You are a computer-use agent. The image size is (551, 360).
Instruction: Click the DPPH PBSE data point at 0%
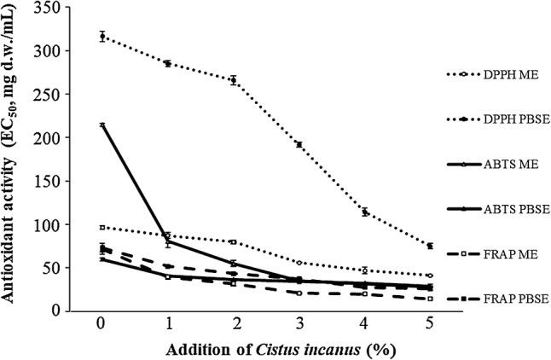click(102, 36)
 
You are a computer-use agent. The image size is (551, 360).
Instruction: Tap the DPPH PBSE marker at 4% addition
click(365, 212)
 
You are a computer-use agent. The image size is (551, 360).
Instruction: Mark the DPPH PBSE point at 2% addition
click(233, 80)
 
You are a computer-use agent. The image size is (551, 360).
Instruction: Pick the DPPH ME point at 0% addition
click(102, 227)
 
